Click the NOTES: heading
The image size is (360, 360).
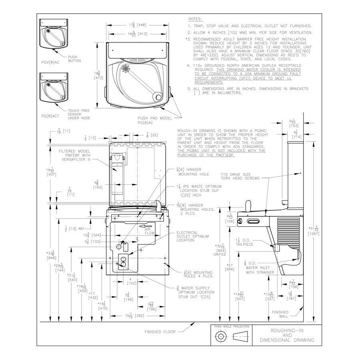click(x=195, y=19)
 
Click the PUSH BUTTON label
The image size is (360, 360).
click(x=74, y=59)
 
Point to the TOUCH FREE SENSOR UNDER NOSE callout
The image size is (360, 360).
click(x=79, y=114)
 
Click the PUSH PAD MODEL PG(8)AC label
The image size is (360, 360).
click(x=154, y=120)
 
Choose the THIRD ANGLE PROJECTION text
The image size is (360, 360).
click(x=231, y=326)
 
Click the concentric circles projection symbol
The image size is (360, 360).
click(x=221, y=337)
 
